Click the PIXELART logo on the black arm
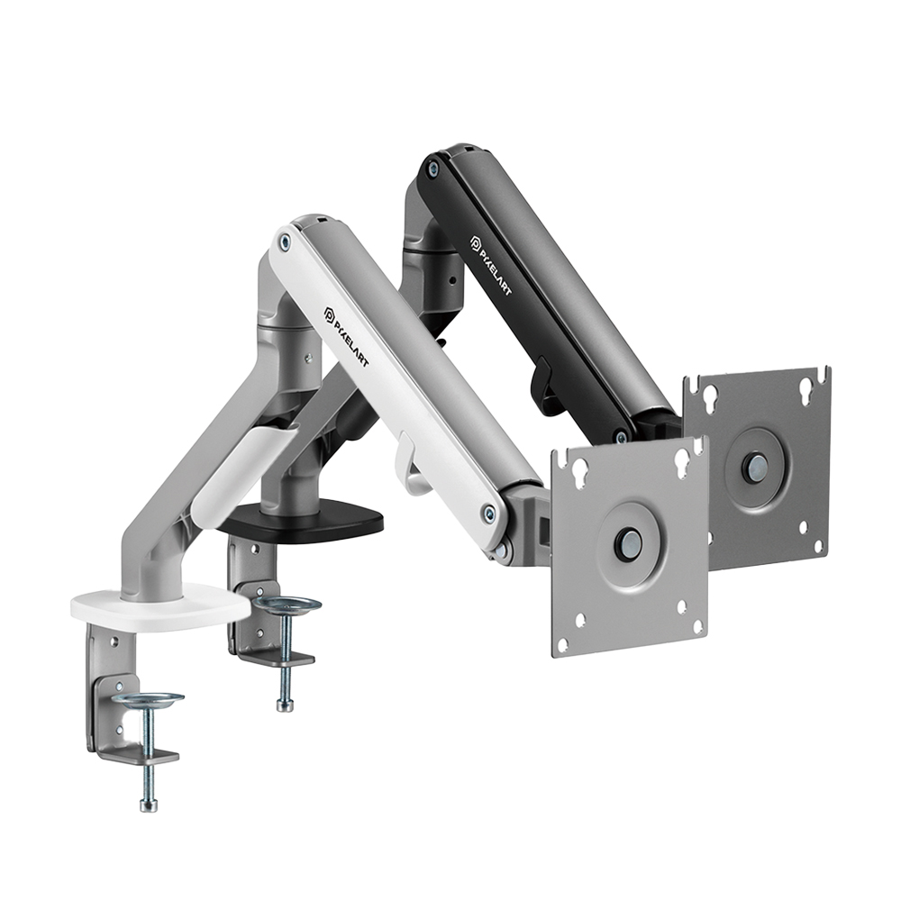pyautogui.click(x=491, y=265)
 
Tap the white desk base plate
pyautogui.click(x=161, y=608)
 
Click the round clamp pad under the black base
pyautogui.click(x=287, y=605)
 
